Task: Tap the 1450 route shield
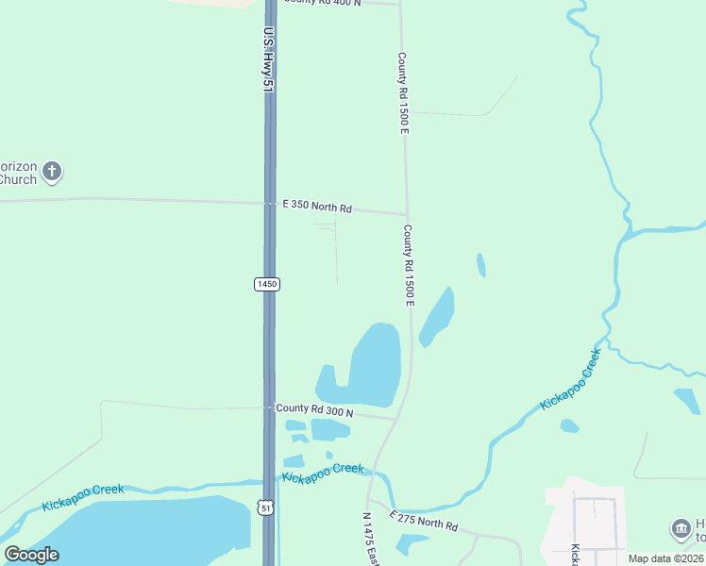(x=267, y=284)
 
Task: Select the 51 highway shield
(x=267, y=508)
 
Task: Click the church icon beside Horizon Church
(x=52, y=173)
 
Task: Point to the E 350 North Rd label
(x=317, y=206)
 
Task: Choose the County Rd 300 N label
(x=314, y=410)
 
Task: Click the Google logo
(x=32, y=555)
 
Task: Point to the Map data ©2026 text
(x=666, y=558)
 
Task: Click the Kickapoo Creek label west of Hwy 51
(x=82, y=497)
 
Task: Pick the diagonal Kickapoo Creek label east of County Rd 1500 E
(x=570, y=379)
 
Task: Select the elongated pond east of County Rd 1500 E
(x=437, y=317)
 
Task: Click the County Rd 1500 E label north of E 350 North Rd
(x=403, y=92)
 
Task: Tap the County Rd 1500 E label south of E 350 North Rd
(x=409, y=264)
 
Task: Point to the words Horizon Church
(x=18, y=173)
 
